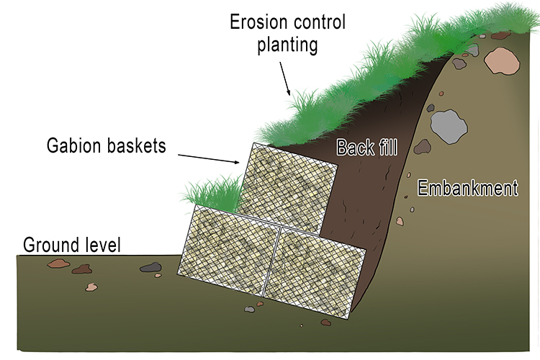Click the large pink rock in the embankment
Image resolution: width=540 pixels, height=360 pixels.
coord(501,62)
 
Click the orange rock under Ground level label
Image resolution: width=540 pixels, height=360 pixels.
coord(58,264)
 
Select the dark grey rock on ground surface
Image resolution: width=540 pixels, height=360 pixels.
coord(150,268)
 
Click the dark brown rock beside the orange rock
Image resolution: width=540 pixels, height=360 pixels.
coord(81,269)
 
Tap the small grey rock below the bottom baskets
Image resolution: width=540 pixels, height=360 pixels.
coord(249,309)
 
